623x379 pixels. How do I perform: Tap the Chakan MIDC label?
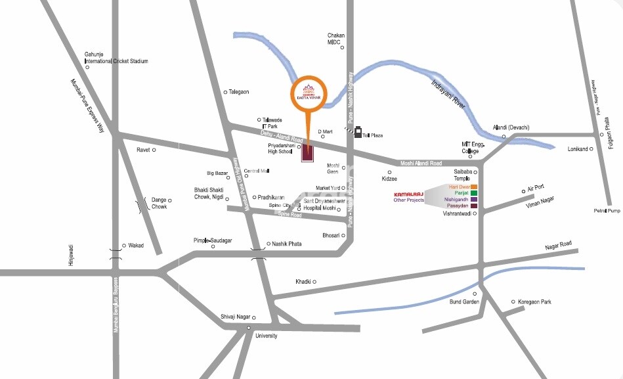(x=336, y=39)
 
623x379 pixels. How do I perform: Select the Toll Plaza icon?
(x=358, y=133)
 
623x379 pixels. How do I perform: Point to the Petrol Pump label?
(x=607, y=211)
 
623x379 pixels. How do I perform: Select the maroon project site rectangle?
(x=307, y=152)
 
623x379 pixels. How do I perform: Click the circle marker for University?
(x=249, y=328)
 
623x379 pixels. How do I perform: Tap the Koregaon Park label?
(x=536, y=302)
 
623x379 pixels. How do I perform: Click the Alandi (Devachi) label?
(x=511, y=127)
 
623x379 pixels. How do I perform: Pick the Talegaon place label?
(x=239, y=92)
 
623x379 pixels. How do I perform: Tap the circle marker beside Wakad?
(x=124, y=246)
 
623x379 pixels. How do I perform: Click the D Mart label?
(x=326, y=131)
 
